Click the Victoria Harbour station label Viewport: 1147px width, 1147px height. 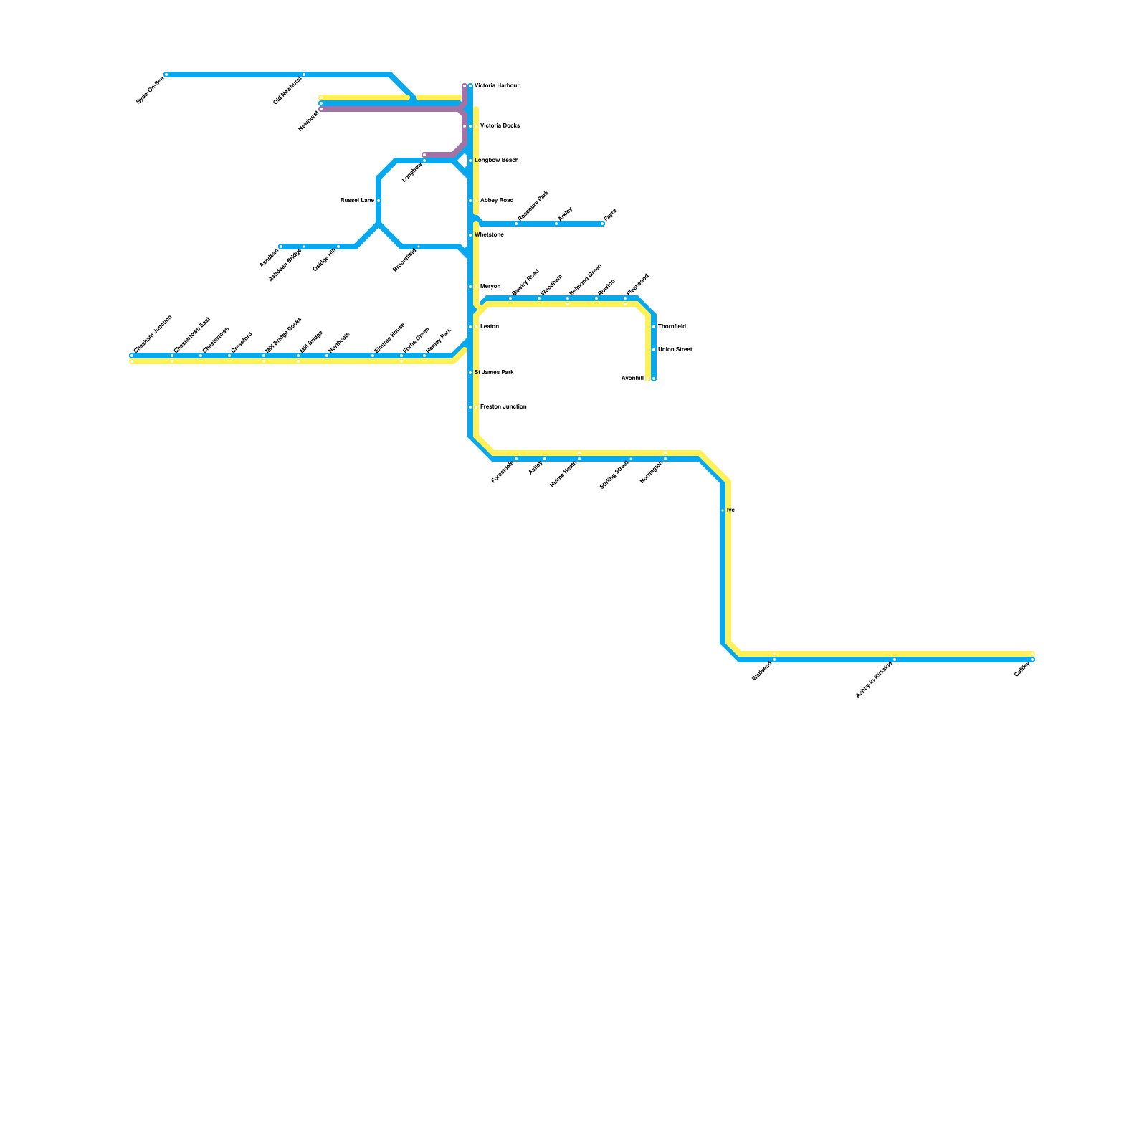click(497, 86)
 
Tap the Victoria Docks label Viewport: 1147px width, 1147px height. click(500, 126)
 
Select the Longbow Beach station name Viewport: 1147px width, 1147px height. click(496, 161)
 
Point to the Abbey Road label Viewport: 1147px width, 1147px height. click(496, 201)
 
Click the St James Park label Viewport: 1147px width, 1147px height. click(494, 373)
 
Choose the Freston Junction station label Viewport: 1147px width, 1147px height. click(503, 407)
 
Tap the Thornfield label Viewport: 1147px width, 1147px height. click(672, 327)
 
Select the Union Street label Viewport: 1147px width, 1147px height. click(675, 350)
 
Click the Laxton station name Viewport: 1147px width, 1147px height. click(489, 327)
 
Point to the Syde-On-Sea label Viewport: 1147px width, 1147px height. click(150, 90)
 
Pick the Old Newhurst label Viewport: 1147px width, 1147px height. click(287, 91)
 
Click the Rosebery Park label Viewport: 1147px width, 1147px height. click(533, 206)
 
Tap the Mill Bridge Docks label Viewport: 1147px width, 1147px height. click(283, 335)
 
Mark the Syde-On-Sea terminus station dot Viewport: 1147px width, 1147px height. click(166, 75)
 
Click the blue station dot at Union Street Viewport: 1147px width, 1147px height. click(654, 350)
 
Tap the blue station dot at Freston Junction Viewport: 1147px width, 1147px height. click(470, 407)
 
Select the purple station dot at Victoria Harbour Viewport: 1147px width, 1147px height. click(465, 86)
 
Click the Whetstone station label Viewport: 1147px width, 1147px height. click(489, 235)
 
